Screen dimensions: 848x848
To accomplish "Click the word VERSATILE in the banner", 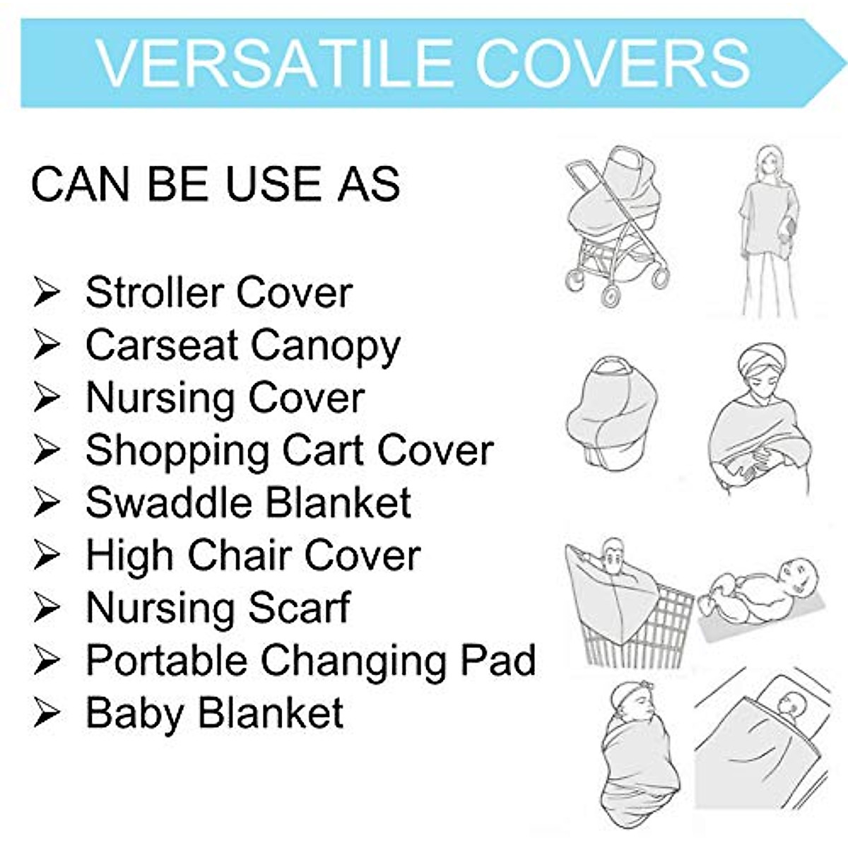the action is pos(273,64).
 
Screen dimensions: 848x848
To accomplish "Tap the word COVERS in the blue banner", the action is pos(613,64).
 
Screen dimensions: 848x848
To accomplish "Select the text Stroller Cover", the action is pos(219,292).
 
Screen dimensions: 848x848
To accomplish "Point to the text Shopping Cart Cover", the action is pos(290,452).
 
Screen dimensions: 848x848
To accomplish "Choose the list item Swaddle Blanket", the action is pos(249,502).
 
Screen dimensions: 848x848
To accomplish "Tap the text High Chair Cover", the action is pos(254,555).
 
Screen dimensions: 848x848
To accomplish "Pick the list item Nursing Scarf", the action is pos(218,608).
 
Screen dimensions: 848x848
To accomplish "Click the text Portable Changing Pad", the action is pos(311,661).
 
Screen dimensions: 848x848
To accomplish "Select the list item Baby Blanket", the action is pos(215,713).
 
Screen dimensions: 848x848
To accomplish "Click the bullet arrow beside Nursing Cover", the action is pos(47,397).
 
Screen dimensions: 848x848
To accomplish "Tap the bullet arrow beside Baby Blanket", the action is pos(47,713).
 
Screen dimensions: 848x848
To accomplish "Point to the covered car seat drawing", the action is pos(612,413).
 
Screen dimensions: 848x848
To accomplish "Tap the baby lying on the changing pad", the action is pos(760,592).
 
